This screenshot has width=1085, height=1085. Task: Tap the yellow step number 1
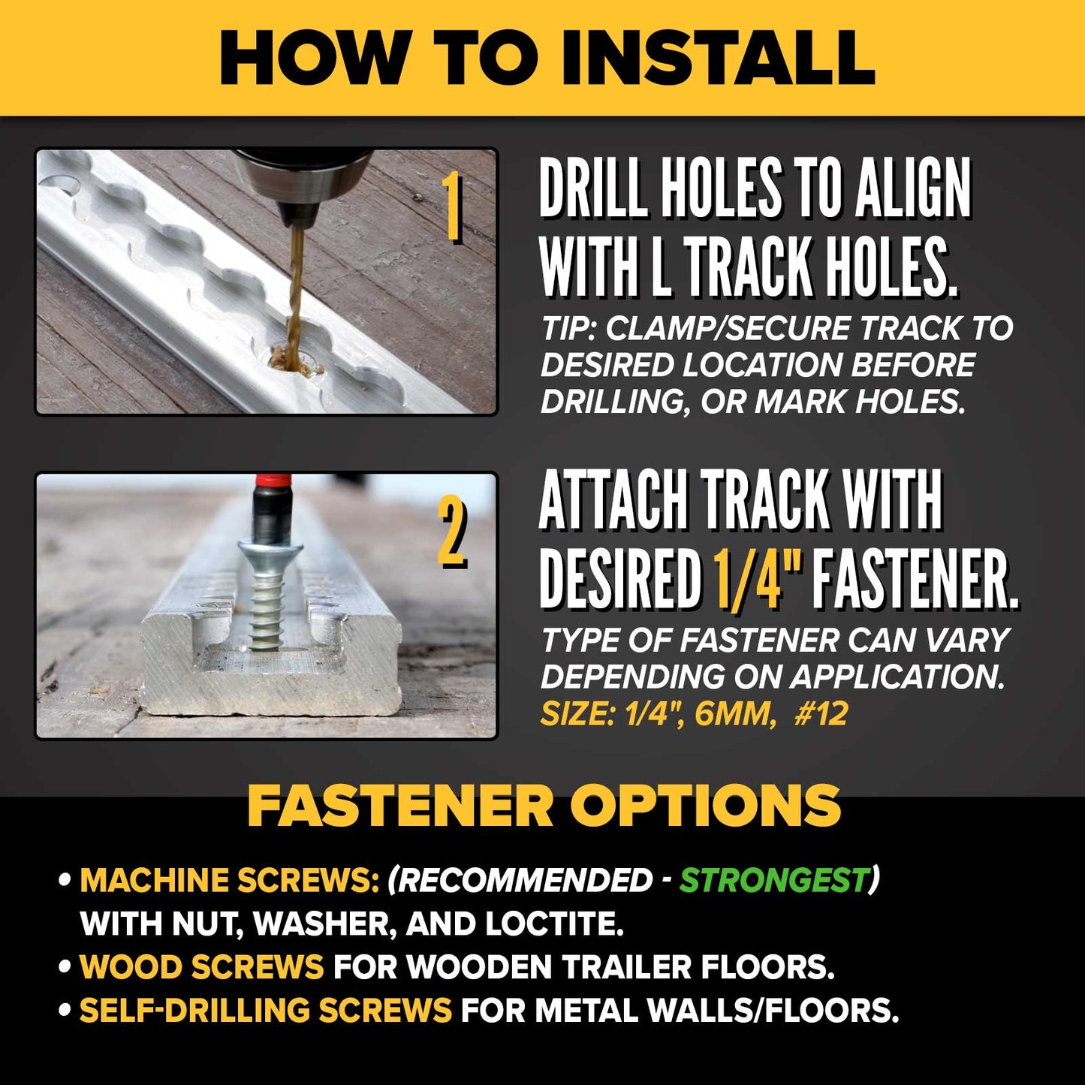pyautogui.click(x=451, y=207)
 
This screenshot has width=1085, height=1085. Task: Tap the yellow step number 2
pyautogui.click(x=451, y=534)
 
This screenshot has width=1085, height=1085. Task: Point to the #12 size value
pyautogui.click(x=821, y=714)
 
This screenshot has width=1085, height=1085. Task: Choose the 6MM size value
pyautogui.click(x=733, y=714)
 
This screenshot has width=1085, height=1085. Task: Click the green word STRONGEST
pyautogui.click(x=774, y=879)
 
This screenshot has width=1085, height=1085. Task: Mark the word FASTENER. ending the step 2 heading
pyautogui.click(x=915, y=577)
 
